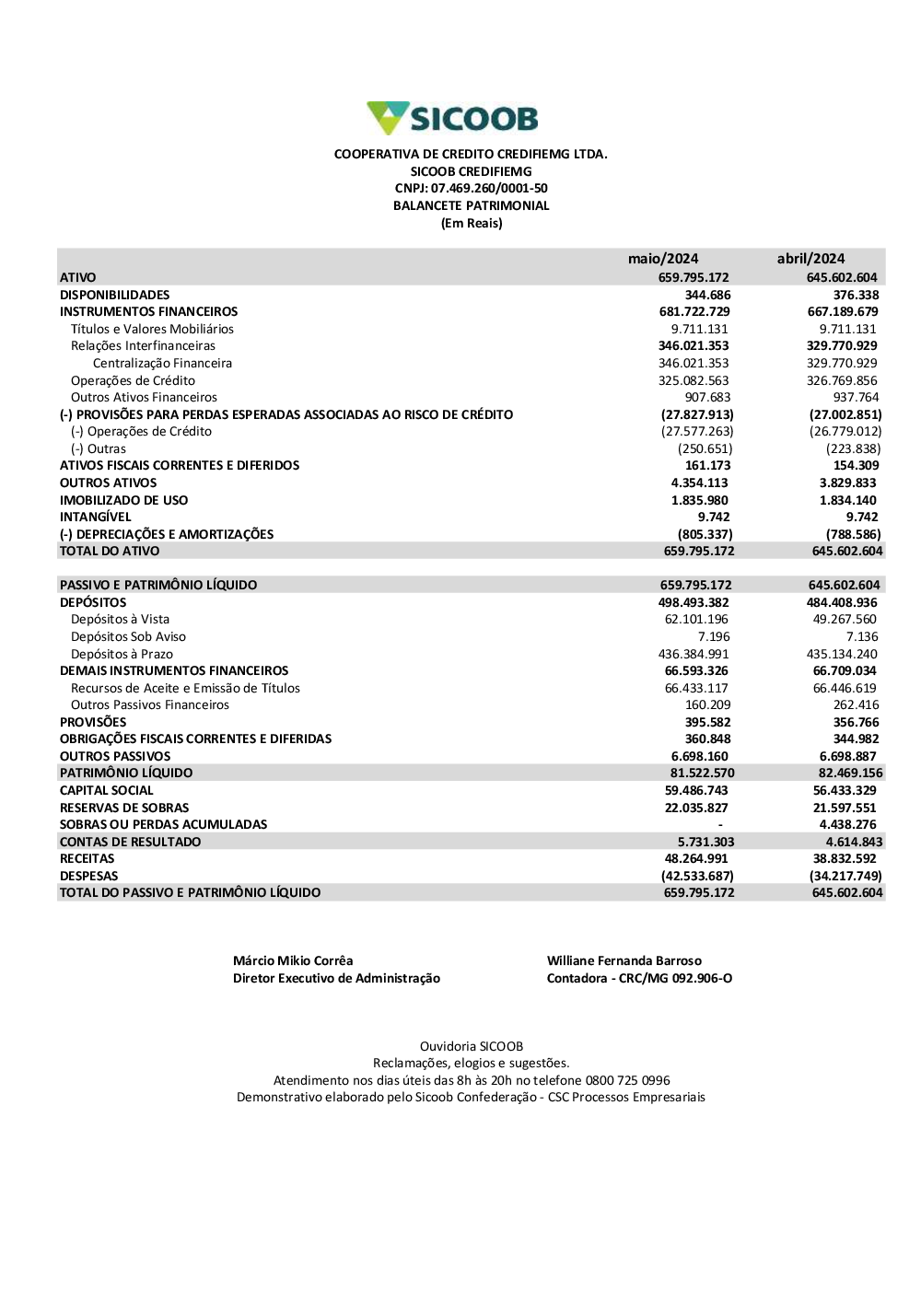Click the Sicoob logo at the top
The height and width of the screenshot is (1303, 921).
click(452, 119)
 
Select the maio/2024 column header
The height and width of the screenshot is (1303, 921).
click(663, 259)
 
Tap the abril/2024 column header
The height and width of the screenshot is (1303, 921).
click(810, 259)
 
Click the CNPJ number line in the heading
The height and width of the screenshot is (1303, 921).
click(471, 189)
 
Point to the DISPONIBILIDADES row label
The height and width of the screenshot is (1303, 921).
click(115, 295)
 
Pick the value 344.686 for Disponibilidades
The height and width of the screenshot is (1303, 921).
click(707, 295)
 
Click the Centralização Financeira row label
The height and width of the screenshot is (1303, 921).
click(162, 363)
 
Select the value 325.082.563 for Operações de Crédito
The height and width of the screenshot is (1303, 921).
click(694, 380)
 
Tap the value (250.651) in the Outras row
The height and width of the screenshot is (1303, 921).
click(705, 448)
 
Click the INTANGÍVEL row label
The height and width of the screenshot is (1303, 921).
click(96, 517)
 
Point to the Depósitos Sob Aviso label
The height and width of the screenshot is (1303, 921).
click(128, 636)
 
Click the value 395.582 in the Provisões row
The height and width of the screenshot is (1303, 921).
click(707, 722)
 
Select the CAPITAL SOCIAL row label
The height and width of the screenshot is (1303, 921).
click(107, 790)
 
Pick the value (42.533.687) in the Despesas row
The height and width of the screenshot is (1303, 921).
click(697, 876)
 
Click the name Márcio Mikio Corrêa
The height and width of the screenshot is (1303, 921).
click(293, 960)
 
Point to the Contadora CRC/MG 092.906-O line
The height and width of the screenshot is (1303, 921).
click(639, 978)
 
